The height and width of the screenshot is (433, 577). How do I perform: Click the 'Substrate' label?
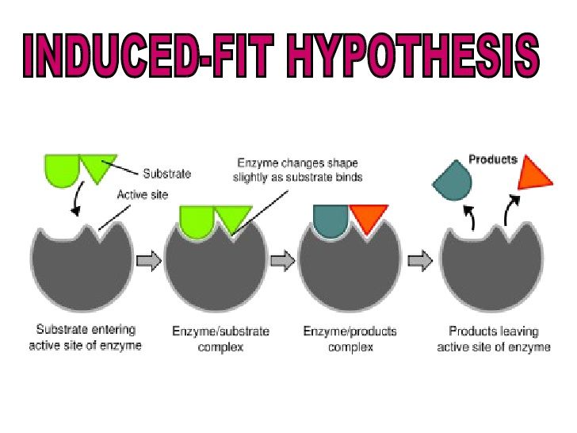coord(166,173)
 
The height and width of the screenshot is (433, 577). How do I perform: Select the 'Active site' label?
coord(143,194)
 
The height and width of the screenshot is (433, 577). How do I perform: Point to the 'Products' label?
coord(492,159)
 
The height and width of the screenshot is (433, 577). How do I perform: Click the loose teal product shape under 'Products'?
coord(452,183)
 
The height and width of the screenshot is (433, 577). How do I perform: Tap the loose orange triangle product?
coord(535,174)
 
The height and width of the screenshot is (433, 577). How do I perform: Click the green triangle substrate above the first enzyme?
coord(97,168)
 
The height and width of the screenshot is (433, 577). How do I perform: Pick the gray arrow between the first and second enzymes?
coord(149,260)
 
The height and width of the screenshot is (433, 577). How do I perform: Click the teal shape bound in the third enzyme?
coord(331,220)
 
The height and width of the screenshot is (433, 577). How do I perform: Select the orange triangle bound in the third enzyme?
coord(368,217)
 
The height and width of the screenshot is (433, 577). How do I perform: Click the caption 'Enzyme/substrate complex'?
coord(221,339)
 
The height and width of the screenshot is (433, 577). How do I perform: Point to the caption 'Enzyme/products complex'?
coord(350,339)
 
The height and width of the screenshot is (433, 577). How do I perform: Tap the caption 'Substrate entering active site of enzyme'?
coord(86,338)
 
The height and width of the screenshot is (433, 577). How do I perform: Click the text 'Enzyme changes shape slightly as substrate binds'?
coord(298,171)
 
